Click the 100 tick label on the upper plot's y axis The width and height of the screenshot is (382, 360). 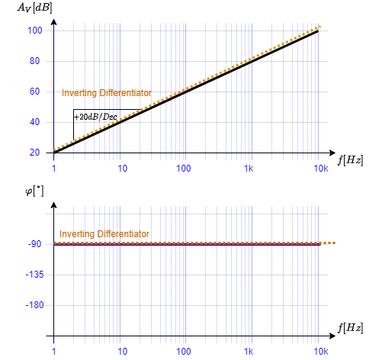(34, 31)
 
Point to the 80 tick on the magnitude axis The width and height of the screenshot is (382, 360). (34, 61)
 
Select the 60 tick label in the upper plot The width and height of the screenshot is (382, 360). (34, 92)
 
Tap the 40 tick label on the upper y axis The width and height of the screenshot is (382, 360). (34, 122)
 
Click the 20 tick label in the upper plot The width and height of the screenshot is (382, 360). (34, 153)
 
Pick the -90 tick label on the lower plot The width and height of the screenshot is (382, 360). (34, 244)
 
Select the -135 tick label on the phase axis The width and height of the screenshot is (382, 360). (34, 275)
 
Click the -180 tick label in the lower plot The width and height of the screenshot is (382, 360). (34, 305)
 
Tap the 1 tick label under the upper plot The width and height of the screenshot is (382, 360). (54, 168)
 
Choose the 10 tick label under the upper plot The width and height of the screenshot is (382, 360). (122, 168)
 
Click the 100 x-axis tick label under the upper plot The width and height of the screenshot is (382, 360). (184, 168)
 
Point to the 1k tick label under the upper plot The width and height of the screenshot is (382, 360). (249, 168)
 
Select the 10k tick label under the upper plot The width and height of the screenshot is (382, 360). (321, 168)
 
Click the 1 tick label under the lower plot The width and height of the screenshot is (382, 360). (54, 352)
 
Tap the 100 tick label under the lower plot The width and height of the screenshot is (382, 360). (184, 352)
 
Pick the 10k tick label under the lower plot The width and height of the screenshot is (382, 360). (321, 352)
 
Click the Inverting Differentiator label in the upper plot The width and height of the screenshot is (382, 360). (107, 93)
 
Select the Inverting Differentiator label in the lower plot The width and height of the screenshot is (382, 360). (104, 234)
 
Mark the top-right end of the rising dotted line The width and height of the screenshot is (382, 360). (321, 27)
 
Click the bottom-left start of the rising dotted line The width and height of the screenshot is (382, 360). (54, 150)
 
